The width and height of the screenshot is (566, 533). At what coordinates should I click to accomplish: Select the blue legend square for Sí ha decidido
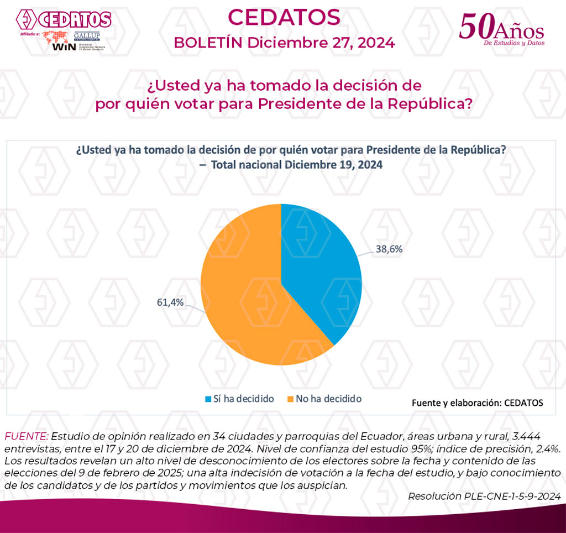click(208, 399)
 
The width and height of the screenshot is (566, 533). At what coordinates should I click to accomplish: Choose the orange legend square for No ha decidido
click(290, 399)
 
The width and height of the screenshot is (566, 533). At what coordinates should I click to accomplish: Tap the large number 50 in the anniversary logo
click(476, 26)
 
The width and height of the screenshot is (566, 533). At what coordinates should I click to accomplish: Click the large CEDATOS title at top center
click(284, 18)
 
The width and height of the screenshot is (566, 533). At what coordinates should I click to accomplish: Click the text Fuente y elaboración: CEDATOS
click(477, 403)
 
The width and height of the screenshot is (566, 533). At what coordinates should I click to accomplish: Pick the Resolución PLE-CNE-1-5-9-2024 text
click(484, 496)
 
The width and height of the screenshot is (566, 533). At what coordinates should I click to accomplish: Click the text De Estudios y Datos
click(513, 43)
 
